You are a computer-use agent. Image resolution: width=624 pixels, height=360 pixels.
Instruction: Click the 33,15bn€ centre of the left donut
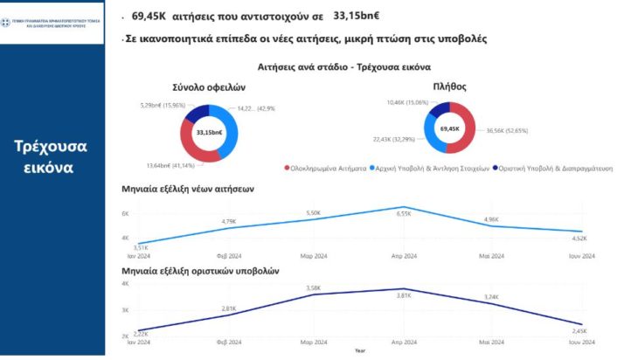209,132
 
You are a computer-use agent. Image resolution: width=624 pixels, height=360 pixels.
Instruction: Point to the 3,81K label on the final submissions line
405,296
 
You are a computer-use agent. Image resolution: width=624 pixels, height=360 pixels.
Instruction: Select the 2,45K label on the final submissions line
579,330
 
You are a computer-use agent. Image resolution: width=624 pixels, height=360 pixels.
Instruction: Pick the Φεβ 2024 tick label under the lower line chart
229,342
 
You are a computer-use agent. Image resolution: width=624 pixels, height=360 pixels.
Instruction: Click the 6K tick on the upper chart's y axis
125,213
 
